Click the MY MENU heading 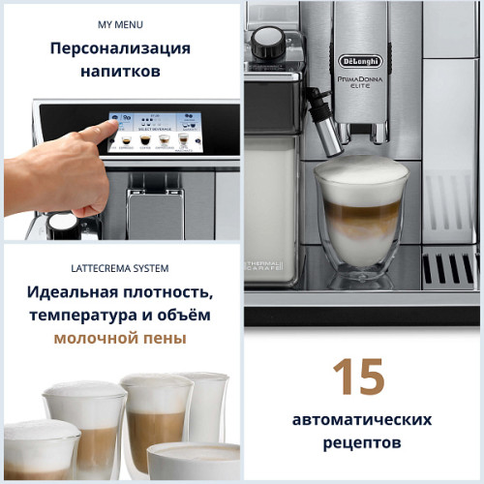tap(120, 22)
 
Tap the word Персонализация tap(120, 48)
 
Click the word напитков tap(120, 72)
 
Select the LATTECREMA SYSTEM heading tap(120, 268)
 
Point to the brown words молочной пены tap(120, 340)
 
